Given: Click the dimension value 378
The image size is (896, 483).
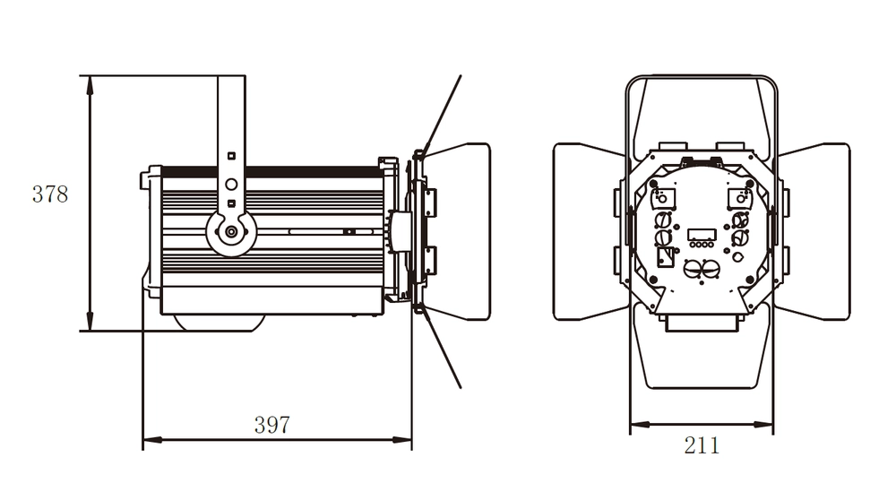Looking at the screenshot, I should tap(50, 194).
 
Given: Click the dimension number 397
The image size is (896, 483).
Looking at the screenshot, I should tap(271, 425).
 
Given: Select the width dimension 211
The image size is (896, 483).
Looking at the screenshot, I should tap(702, 445).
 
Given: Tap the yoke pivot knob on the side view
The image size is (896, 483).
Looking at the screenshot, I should tap(231, 232).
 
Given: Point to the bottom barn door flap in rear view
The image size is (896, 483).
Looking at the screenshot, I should tap(702, 354).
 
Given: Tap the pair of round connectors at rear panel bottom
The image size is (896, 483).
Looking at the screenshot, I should tap(702, 269).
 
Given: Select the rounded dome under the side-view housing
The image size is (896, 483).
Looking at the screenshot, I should tap(220, 322).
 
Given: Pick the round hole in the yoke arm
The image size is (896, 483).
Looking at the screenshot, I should tap(231, 185).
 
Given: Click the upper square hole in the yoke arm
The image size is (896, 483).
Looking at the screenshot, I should tap(231, 155).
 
